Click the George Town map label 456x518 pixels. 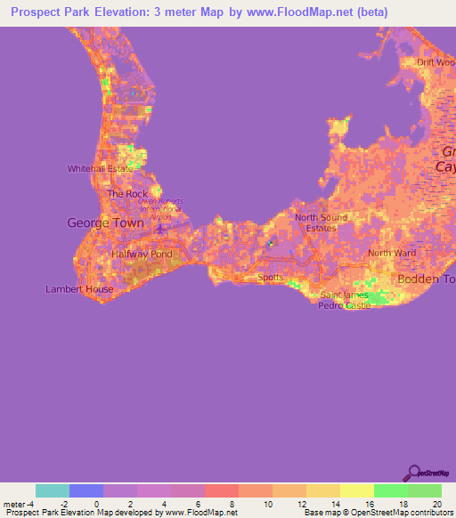[x=106, y=223]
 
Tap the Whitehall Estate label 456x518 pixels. [x=101, y=168]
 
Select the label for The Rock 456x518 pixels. [x=127, y=193]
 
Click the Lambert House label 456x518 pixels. [x=79, y=289]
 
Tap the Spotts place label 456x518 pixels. [x=270, y=277]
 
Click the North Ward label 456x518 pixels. [x=392, y=253]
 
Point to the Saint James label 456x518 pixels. [x=343, y=295]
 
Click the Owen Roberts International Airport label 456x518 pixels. [x=160, y=206]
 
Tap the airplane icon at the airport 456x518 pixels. [x=159, y=229]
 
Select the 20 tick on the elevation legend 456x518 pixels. [x=436, y=504]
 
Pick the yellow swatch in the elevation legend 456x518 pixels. [x=356, y=490]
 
